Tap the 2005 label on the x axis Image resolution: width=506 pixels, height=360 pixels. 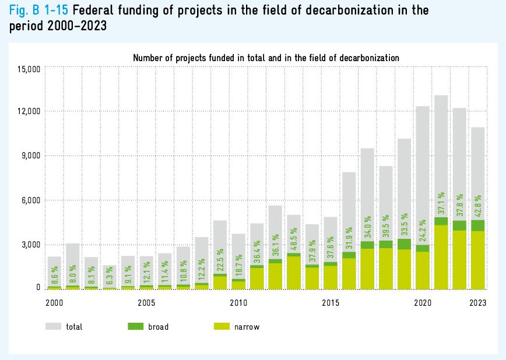coord(146,303)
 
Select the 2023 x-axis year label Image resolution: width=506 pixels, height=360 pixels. coord(477,303)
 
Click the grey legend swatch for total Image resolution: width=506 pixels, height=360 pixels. coord(52,327)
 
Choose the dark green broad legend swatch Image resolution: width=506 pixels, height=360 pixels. coord(135,327)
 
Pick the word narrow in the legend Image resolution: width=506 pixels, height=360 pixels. coord(247,327)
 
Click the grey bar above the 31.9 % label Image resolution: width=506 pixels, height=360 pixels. coord(349,210)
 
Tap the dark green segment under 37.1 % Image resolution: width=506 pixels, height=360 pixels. coord(441,221)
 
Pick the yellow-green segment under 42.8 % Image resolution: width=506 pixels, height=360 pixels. coord(478,259)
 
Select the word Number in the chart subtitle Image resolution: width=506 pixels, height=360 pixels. coord(148,58)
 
